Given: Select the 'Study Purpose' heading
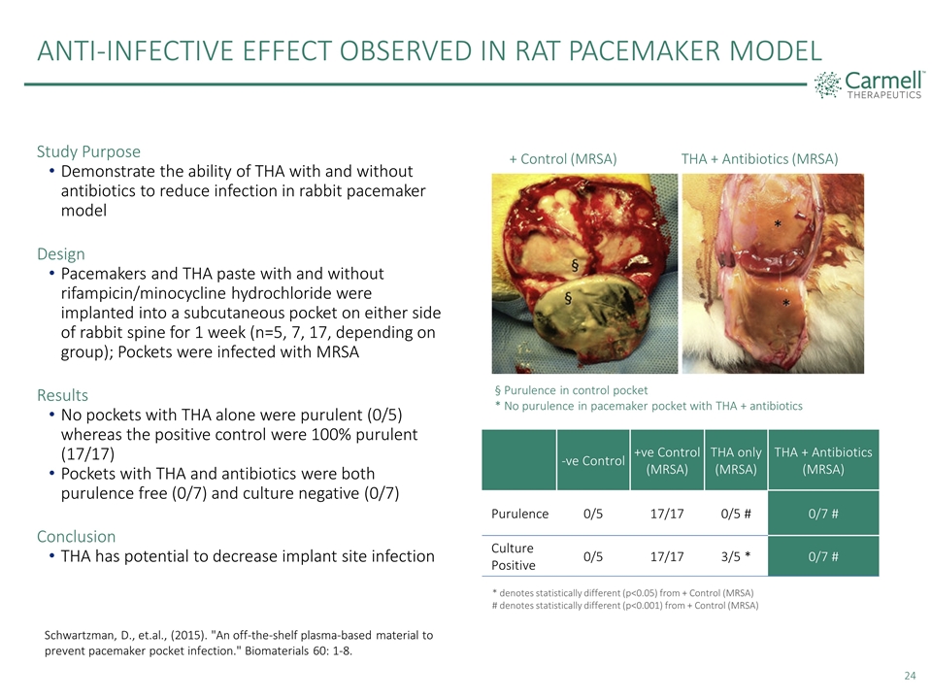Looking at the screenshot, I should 88,151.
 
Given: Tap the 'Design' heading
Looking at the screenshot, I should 60,253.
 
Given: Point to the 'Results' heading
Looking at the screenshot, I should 62,395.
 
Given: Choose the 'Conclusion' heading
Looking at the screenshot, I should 76,536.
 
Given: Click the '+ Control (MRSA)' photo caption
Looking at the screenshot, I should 563,158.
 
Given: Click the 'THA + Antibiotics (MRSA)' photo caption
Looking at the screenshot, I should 759,158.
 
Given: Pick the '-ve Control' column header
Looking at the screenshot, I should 591,460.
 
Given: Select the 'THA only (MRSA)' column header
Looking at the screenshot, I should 736,460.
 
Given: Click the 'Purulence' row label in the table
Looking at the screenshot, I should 519,514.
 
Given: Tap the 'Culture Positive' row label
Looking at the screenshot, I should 513,556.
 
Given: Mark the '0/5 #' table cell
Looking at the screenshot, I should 735,514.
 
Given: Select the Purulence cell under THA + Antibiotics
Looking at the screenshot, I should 822,514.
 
